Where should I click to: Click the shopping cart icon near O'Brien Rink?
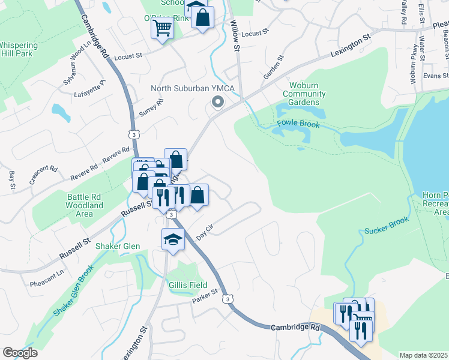(161, 28)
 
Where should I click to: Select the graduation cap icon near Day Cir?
(173, 239)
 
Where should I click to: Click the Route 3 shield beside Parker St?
(226, 298)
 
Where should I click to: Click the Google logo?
(20, 352)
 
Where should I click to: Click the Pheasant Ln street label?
(47, 275)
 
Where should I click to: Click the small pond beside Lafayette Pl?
(59, 110)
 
